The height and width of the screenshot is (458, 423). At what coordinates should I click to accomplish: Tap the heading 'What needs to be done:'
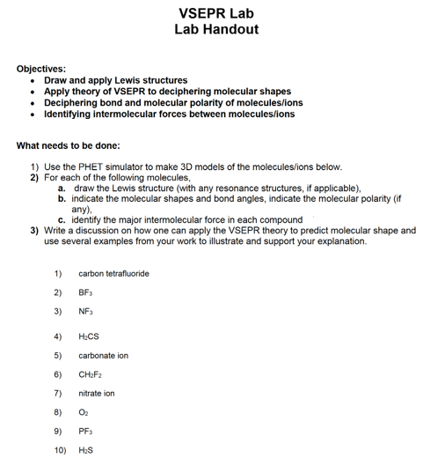(75, 145)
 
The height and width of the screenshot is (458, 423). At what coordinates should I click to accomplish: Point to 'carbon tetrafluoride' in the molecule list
(113, 273)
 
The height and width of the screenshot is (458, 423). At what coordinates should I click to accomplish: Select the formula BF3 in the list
(86, 292)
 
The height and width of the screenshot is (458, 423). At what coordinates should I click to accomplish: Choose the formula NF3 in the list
(86, 311)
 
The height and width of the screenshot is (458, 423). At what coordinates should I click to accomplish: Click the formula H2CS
(89, 336)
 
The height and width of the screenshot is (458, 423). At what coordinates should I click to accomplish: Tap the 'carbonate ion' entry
(103, 355)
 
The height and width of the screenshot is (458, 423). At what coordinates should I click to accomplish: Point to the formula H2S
(86, 450)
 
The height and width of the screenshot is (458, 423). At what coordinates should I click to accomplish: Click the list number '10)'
(60, 450)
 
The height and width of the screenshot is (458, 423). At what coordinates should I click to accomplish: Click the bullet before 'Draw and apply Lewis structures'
(33, 80)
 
